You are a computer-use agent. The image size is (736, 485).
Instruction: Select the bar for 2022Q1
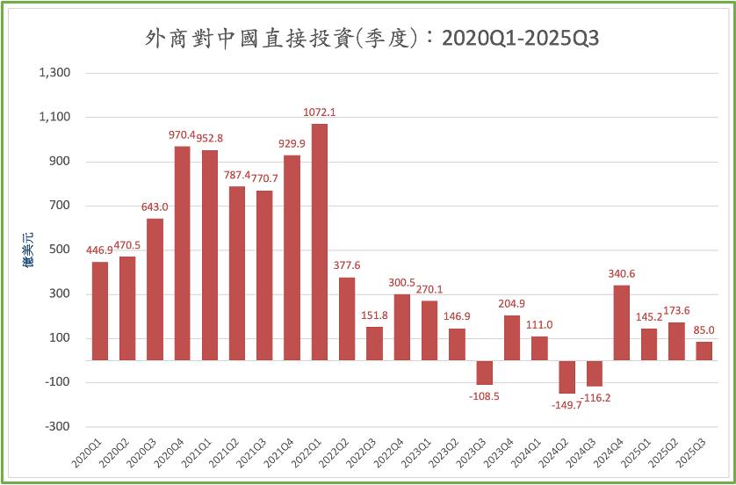(x=320, y=242)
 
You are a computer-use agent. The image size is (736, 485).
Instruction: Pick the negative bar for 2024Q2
(x=566, y=377)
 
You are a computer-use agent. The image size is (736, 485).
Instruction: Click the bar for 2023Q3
(x=484, y=373)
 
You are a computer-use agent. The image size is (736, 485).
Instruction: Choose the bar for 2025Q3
(x=704, y=351)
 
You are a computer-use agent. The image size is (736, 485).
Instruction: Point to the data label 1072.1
(x=320, y=112)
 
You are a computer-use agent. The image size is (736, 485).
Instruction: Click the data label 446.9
(x=100, y=250)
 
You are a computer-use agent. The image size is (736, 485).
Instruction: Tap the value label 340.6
(x=622, y=273)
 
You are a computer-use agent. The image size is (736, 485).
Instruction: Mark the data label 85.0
(x=704, y=330)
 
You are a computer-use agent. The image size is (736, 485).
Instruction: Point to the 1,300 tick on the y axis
(x=54, y=73)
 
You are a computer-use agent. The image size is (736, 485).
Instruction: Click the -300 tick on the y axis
(x=58, y=426)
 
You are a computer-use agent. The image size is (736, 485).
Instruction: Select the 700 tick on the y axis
(x=61, y=206)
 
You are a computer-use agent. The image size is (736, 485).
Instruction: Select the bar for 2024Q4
(x=621, y=322)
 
